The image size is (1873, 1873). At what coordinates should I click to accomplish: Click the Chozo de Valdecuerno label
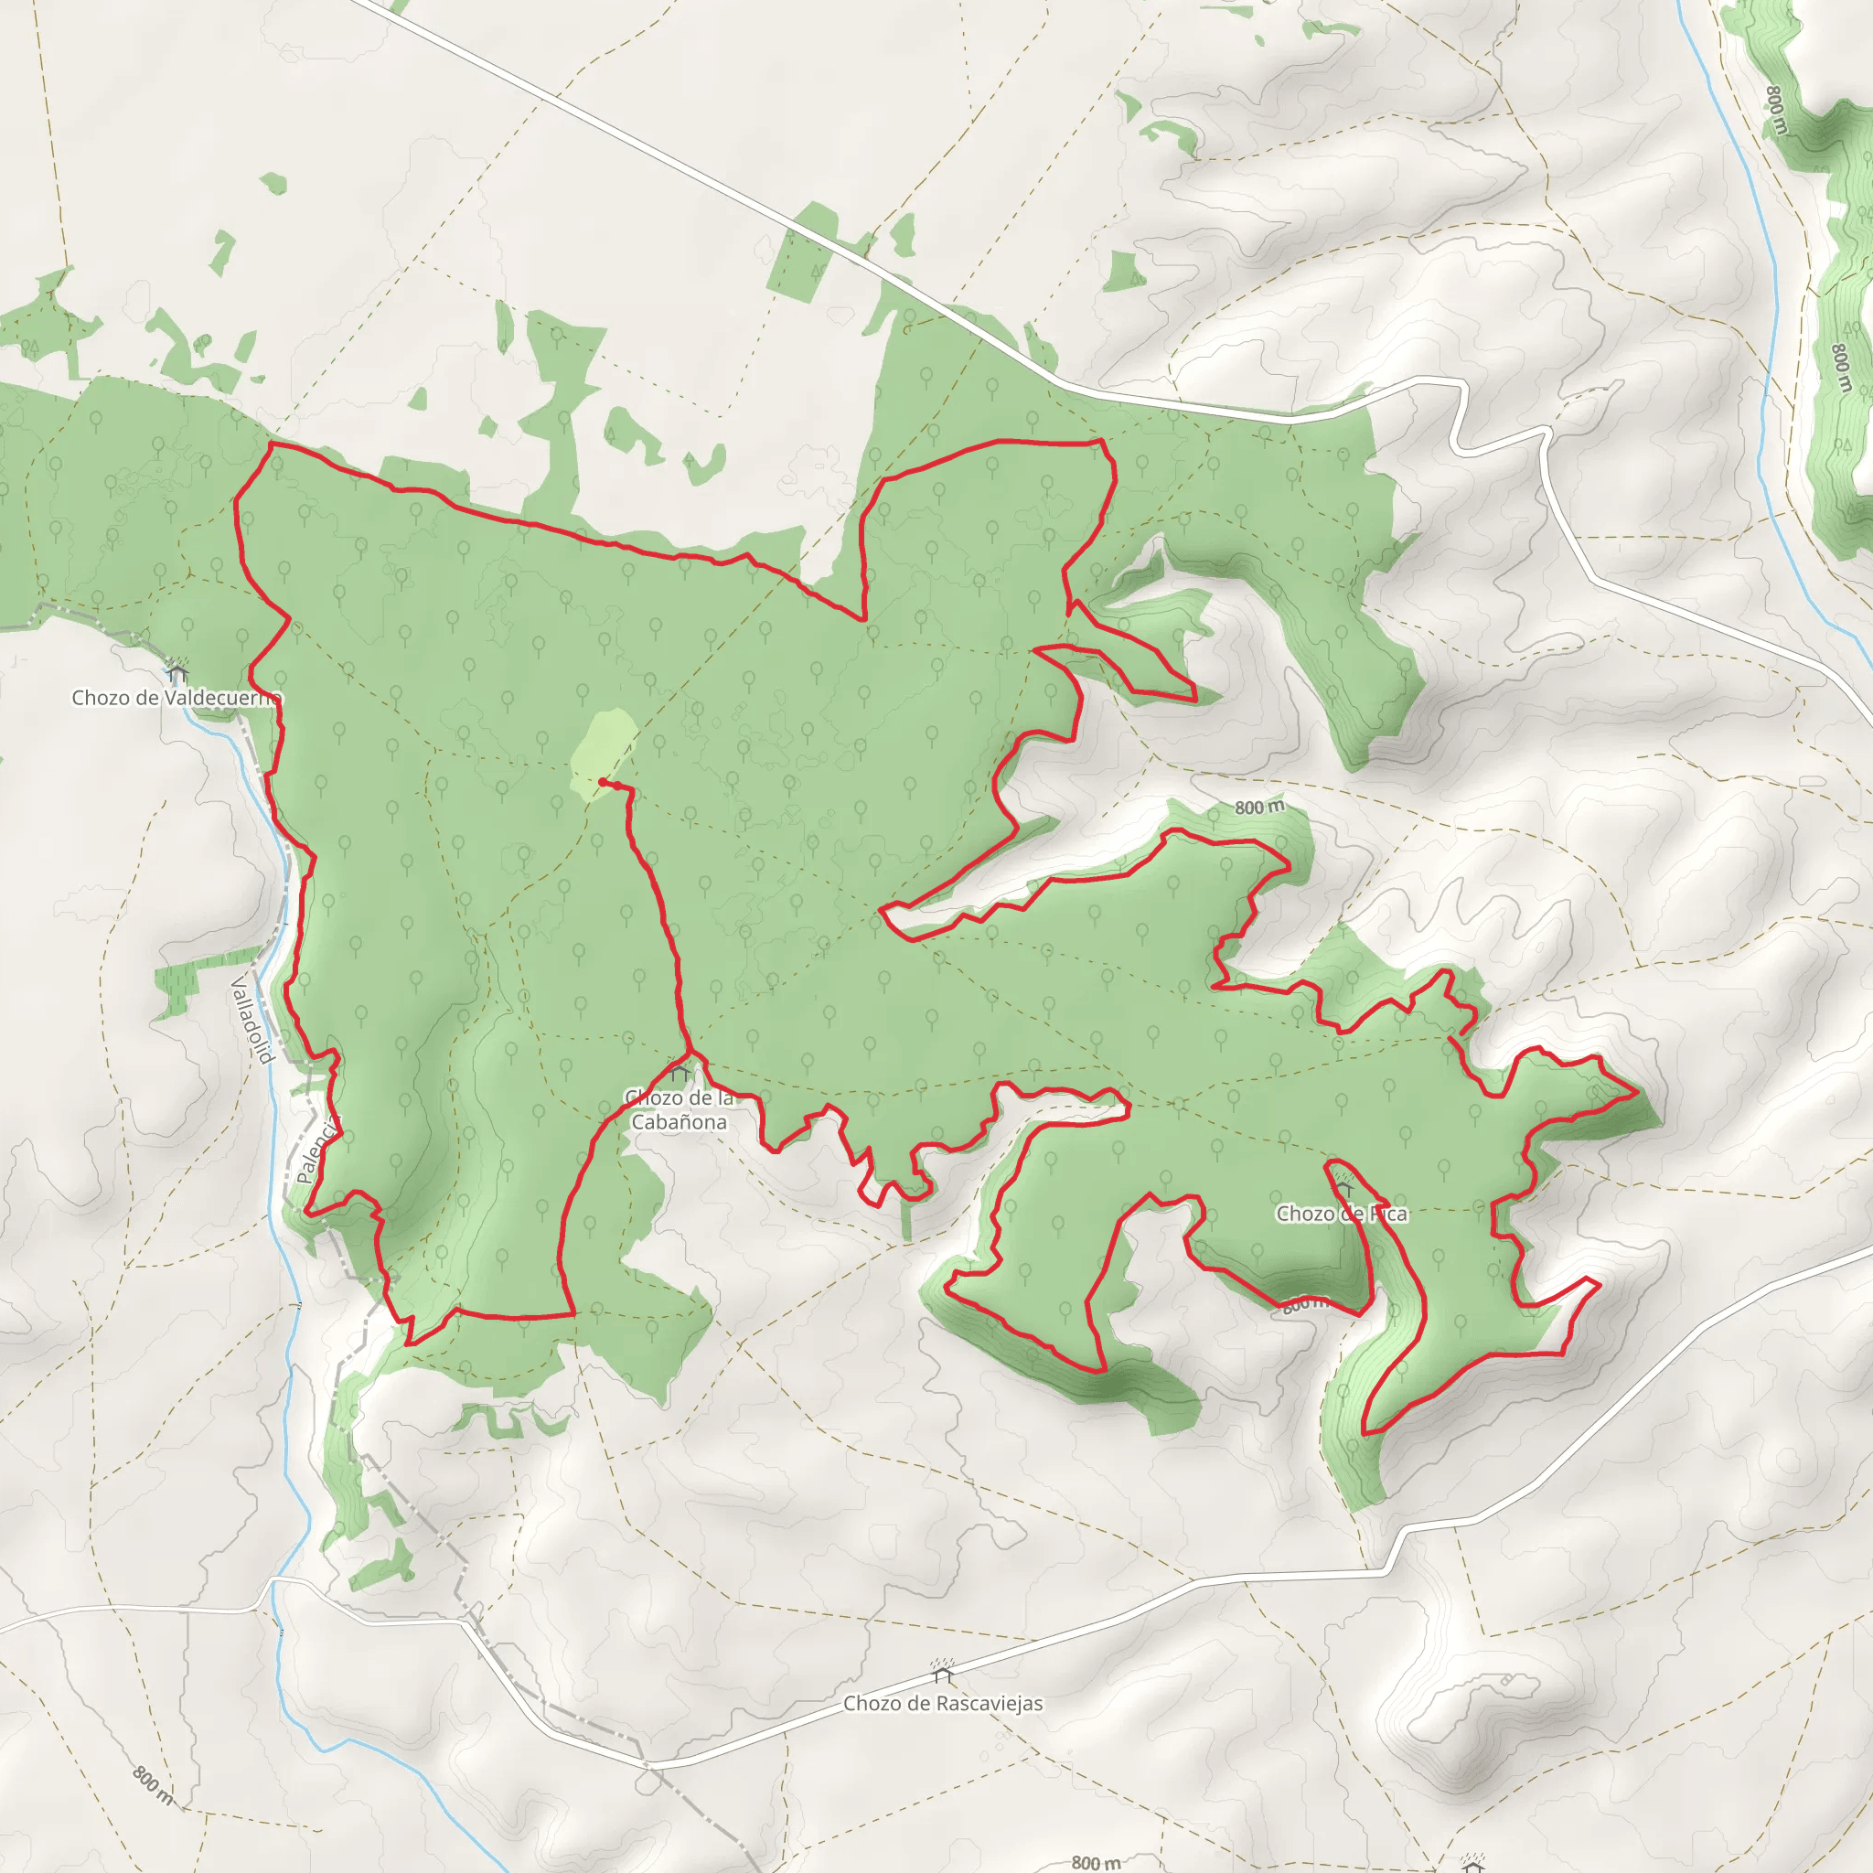click(176, 698)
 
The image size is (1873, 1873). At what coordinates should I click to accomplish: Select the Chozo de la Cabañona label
click(679, 1110)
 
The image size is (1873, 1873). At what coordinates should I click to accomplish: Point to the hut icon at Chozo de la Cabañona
click(680, 1073)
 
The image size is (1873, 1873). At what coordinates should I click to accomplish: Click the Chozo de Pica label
click(1342, 1214)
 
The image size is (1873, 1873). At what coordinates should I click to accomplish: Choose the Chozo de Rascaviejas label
click(942, 1703)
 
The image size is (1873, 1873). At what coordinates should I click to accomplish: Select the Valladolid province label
click(252, 1020)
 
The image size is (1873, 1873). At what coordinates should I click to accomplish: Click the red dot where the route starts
click(602, 781)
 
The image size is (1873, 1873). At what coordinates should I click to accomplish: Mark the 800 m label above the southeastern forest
click(1258, 808)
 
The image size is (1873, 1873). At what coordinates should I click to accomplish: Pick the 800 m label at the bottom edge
click(1096, 1861)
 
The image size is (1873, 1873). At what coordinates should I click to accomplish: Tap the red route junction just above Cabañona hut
click(690, 1054)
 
